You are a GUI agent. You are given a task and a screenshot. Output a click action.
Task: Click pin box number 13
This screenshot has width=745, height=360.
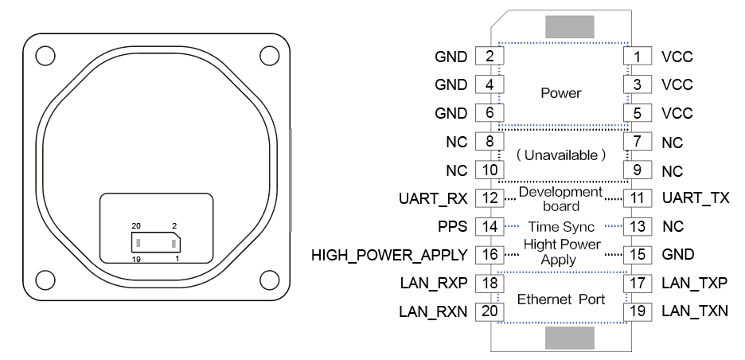tap(637, 226)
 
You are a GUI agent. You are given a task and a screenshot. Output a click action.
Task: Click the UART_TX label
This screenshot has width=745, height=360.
tap(695, 198)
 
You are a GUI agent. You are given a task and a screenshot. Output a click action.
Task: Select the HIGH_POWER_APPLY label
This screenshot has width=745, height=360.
tap(389, 255)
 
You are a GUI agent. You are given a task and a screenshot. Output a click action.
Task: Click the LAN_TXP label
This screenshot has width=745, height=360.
tap(694, 283)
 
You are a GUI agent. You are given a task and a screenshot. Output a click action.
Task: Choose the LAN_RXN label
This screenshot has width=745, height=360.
tap(434, 311)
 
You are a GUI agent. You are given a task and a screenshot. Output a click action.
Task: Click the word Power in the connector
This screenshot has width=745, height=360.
tap(561, 93)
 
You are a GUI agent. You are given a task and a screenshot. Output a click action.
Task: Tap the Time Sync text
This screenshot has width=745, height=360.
tap(561, 227)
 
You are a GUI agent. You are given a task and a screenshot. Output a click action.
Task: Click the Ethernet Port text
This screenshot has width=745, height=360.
tap(561, 299)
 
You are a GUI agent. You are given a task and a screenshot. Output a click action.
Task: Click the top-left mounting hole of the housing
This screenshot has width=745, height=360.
tap(45, 55)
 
